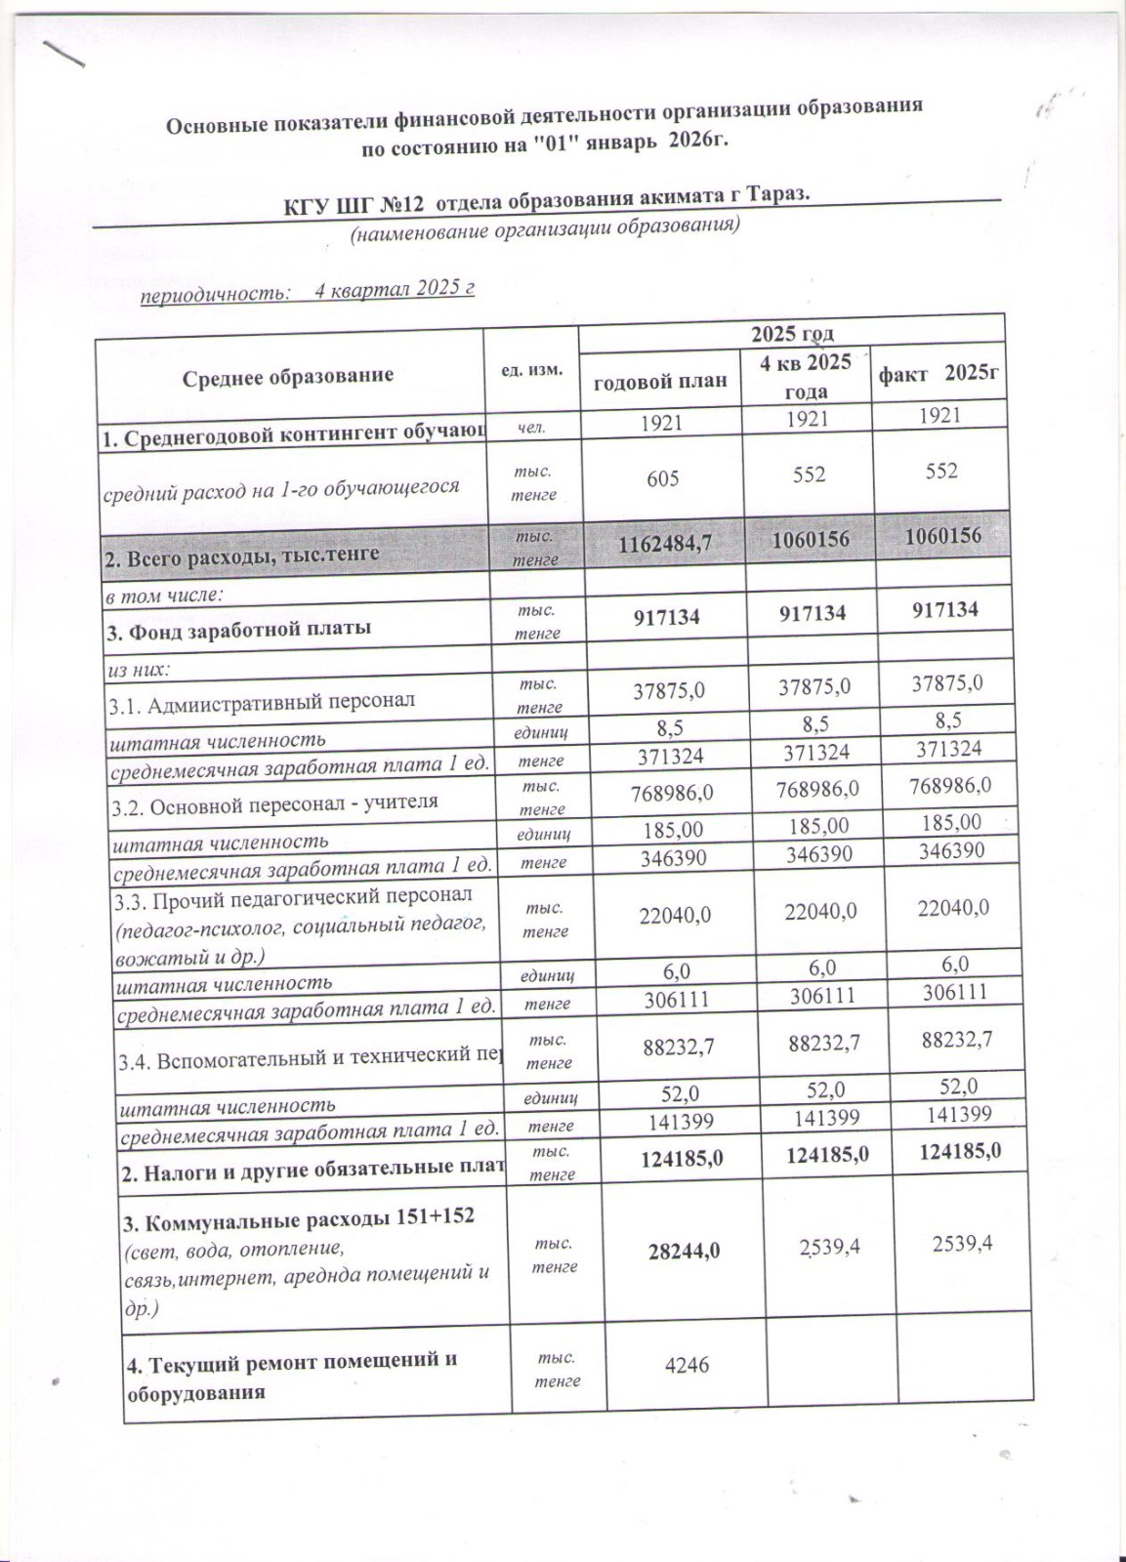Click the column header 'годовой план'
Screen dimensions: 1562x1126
[x=661, y=380]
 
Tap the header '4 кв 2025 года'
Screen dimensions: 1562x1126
[x=807, y=376]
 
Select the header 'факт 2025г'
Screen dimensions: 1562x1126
[x=940, y=374]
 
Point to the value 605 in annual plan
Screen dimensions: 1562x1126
[x=663, y=478]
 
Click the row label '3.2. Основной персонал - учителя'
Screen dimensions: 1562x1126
[x=272, y=802]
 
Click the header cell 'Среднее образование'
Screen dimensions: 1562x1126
[x=288, y=376]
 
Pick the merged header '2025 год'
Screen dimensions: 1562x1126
[x=791, y=334]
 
